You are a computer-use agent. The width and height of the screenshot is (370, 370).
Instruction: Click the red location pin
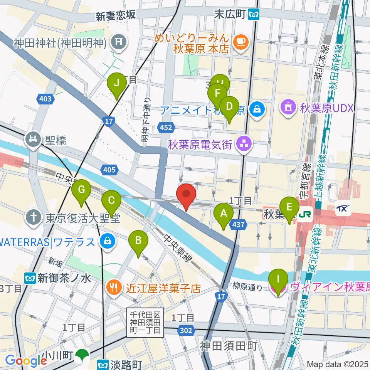pos(186,195)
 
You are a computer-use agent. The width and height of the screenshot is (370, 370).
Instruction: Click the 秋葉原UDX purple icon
pos(289,107)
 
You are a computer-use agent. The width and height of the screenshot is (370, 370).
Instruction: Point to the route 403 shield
pos(45,99)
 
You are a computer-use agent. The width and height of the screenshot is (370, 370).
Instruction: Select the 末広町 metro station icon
pos(254,15)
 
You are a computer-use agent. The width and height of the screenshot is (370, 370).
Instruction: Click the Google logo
pos(26,360)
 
